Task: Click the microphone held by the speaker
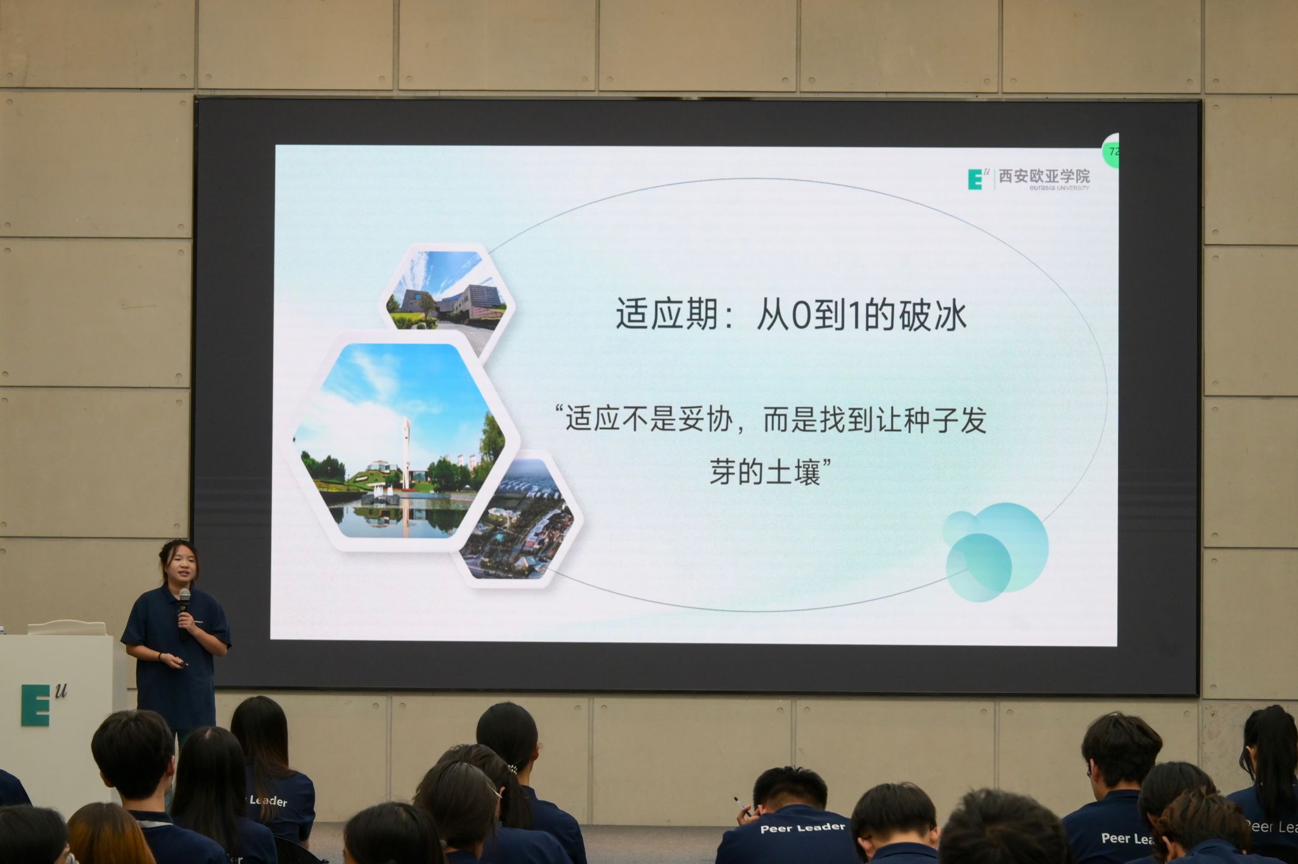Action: [x=184, y=612]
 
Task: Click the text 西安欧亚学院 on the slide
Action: [x=1044, y=176]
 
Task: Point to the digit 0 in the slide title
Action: [x=801, y=316]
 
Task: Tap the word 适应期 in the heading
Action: [x=667, y=315]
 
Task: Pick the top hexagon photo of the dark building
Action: [x=447, y=290]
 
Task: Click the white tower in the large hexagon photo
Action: [x=406, y=453]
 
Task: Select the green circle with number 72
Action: [x=1110, y=151]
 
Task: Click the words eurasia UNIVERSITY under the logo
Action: [x=1044, y=188]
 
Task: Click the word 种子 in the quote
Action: [x=931, y=420]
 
